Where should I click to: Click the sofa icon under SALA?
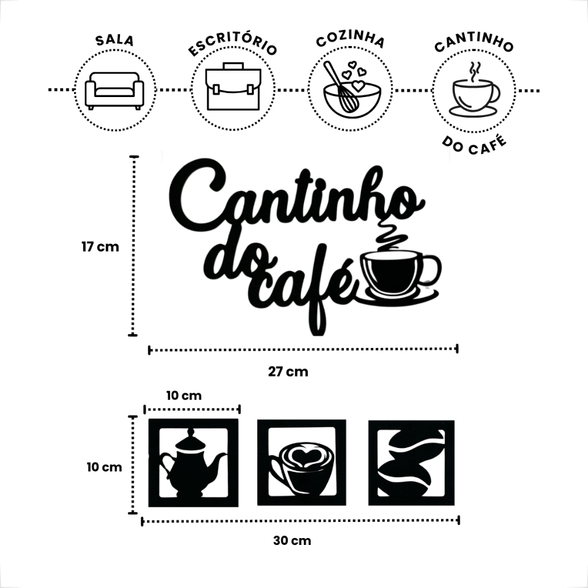pos(114,91)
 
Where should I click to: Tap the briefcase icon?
pos(233,87)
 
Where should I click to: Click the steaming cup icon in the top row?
pos(475,90)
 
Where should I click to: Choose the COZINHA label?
pos(351,41)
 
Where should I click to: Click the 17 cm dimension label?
pos(100,247)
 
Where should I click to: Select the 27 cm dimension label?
pos(288,372)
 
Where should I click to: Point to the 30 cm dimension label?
pos(292,541)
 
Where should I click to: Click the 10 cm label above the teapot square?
pos(184,395)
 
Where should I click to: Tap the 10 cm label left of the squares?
pos(105,467)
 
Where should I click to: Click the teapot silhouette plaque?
pos(193,463)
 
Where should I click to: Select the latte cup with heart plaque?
pos(301,462)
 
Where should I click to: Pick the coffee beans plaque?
pos(411,463)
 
